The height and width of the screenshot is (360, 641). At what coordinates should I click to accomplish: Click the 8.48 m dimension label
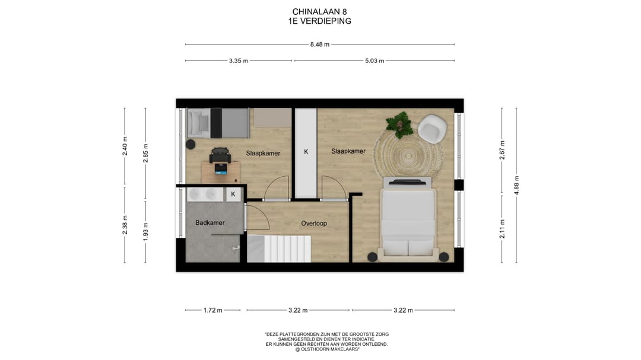320,44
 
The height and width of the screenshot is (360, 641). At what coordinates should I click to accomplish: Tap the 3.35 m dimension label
239,61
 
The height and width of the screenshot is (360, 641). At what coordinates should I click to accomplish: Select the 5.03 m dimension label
375,61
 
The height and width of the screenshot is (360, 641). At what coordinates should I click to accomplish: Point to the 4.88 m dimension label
516,185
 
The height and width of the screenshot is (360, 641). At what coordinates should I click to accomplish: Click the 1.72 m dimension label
213,310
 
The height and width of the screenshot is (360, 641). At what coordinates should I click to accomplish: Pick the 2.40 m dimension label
125,146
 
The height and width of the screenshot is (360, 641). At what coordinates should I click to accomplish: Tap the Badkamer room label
210,222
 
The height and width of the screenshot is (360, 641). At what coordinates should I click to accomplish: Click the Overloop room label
314,224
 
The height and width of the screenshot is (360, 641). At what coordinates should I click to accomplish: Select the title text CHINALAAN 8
320,12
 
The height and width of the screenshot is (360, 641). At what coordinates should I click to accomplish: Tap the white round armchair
433,128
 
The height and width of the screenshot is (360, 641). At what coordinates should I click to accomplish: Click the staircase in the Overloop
279,249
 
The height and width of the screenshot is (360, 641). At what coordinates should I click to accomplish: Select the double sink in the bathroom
205,194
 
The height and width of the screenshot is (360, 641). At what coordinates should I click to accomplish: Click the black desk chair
220,155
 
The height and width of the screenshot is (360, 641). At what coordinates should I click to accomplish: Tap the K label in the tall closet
306,152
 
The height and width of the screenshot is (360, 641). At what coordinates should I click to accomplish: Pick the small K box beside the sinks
233,194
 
